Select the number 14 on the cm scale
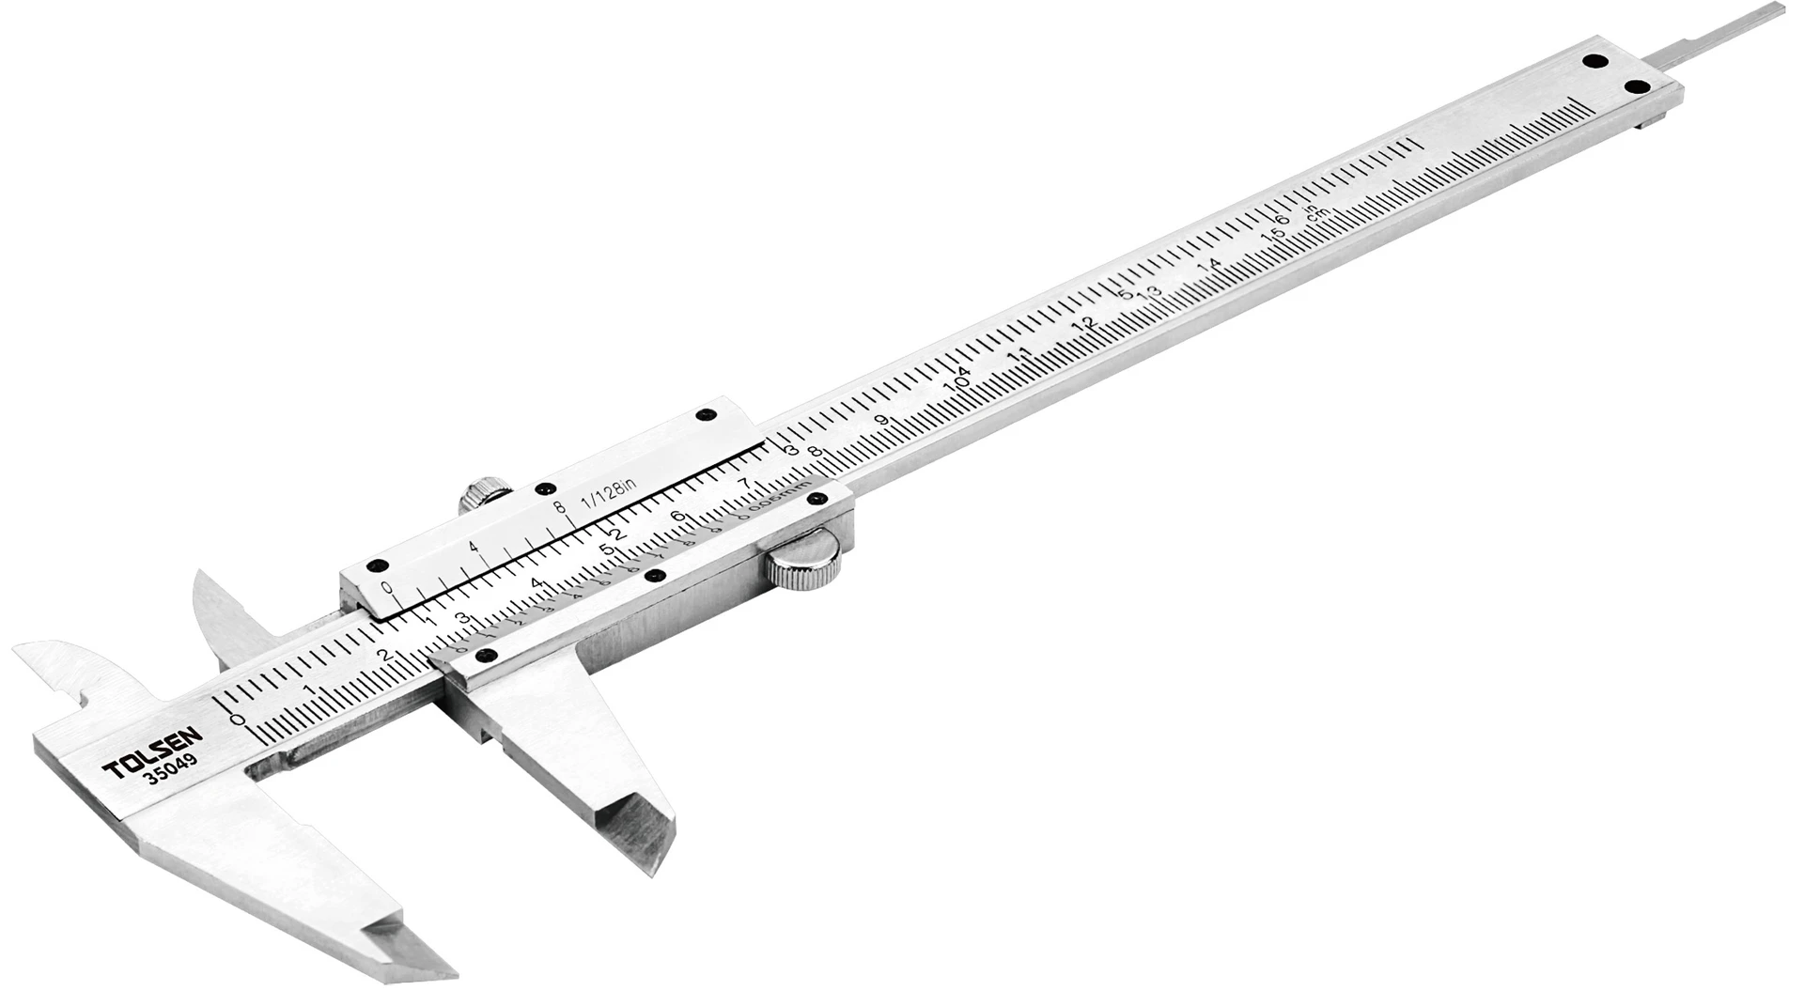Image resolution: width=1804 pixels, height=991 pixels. [x=1212, y=266]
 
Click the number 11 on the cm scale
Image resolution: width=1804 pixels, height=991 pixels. [x=1020, y=356]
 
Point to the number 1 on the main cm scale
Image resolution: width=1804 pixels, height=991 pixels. [x=311, y=690]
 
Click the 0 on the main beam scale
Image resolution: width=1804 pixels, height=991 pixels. [x=238, y=720]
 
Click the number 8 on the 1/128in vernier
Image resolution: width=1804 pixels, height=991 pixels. [x=561, y=508]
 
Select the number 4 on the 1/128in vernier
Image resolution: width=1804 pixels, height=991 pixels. [x=473, y=548]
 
